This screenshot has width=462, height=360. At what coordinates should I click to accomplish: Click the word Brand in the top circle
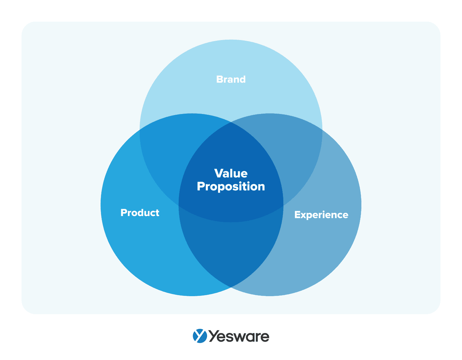tap(231, 79)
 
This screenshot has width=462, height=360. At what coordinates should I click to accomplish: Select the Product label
tap(140, 212)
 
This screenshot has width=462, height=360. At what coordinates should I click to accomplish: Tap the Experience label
tap(321, 215)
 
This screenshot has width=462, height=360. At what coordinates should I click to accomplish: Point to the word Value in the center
tap(231, 173)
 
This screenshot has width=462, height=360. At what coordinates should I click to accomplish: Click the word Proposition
tap(231, 186)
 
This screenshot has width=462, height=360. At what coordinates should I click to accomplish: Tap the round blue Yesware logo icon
tap(200, 336)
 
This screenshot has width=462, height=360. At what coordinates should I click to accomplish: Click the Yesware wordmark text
tap(239, 336)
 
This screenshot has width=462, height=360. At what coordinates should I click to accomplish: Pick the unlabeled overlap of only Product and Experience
tap(231, 251)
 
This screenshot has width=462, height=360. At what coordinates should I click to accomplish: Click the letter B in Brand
tap(219, 79)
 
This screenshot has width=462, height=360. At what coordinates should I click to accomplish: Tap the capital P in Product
tap(124, 212)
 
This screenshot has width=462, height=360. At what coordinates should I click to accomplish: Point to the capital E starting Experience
tap(297, 215)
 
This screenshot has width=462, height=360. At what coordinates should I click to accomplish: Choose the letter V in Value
tap(218, 173)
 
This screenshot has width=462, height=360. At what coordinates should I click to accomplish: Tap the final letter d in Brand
tap(243, 79)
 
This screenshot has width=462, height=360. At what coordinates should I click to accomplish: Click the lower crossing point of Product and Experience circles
tap(231, 287)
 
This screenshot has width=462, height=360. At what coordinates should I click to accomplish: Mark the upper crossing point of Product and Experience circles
tap(231, 122)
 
